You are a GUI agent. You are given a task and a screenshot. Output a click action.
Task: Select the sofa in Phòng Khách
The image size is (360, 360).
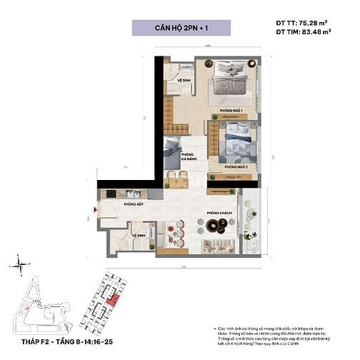coord(218,246)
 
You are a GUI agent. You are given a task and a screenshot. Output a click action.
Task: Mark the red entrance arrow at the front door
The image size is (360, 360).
coord(94,209)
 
